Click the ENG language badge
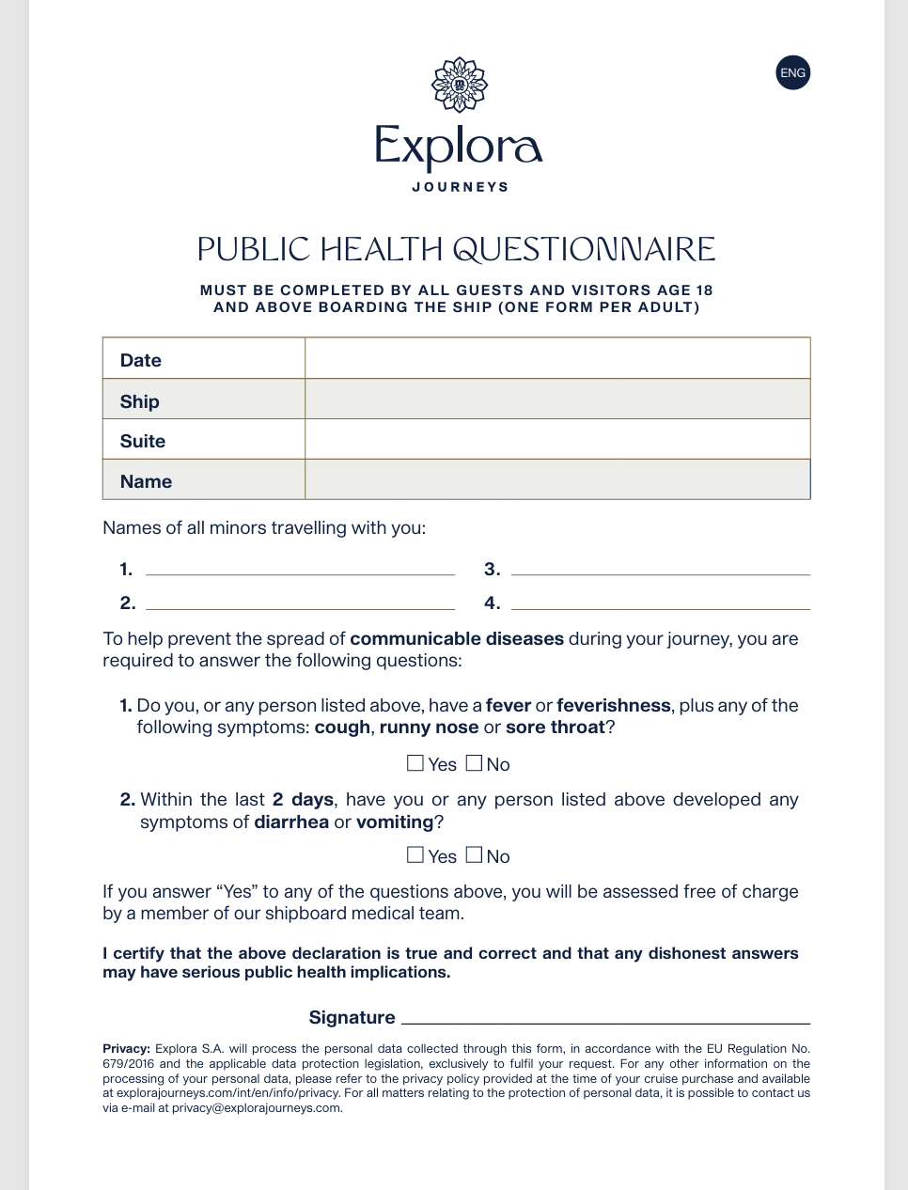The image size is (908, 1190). [792, 73]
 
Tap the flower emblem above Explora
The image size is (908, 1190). [460, 85]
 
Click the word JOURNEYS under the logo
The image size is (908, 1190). [460, 187]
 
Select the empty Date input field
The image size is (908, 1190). [557, 359]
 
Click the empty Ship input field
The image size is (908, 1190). [557, 399]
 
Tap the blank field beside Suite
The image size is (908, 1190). [557, 440]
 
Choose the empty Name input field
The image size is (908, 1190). [557, 480]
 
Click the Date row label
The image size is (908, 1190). [141, 360]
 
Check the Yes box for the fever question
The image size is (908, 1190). [415, 763]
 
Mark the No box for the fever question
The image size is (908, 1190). [475, 763]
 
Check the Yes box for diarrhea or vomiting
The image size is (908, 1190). [415, 854]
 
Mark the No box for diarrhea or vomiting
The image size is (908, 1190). [475, 854]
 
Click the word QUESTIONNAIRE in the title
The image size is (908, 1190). [584, 249]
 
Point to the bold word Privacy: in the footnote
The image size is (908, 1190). [126, 1049]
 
